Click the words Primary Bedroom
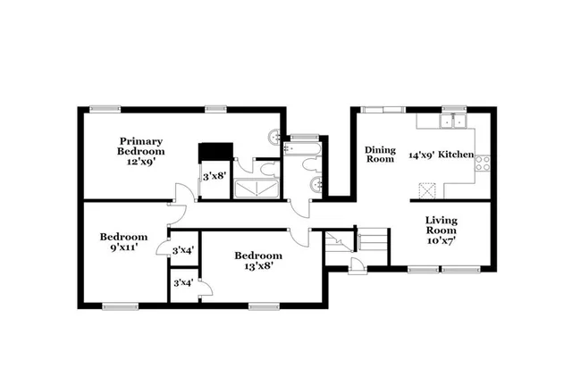pos(141,147)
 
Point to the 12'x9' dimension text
pos(140,164)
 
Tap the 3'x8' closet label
pos(214,177)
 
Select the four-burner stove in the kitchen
pos(483,164)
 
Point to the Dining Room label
pos(380,155)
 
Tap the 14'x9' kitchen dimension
pos(420,155)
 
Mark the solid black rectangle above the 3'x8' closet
pos(214,152)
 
